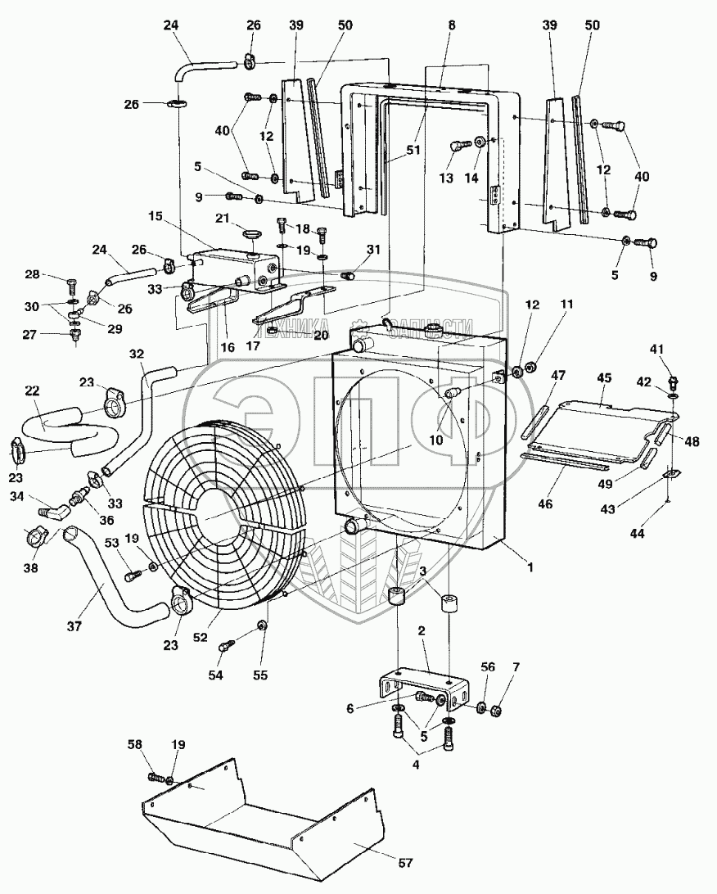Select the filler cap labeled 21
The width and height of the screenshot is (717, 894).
click(x=251, y=235)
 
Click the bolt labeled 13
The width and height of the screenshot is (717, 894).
click(x=458, y=147)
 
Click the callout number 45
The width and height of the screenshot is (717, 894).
click(x=604, y=377)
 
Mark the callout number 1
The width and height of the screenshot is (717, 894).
click(x=530, y=566)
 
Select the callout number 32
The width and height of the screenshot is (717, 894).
click(x=135, y=354)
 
